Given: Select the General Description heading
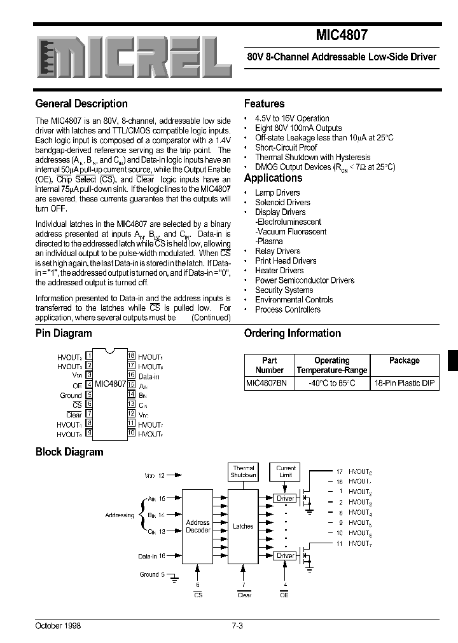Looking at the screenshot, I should click(x=81, y=104).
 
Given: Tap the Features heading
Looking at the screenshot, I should click(x=264, y=104).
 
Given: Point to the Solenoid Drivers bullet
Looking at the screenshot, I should click(x=282, y=202).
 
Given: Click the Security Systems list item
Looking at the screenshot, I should click(x=284, y=290).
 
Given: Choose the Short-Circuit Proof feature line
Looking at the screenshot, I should click(x=286, y=147).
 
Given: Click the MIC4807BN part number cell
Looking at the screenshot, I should click(x=270, y=384).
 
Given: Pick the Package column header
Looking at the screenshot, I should click(x=404, y=361).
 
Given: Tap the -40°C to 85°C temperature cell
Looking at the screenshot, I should click(x=331, y=384).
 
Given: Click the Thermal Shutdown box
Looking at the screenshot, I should click(x=243, y=471).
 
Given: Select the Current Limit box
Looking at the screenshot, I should click(x=286, y=471).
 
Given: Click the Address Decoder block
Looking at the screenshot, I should click(x=198, y=526).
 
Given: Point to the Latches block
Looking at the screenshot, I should click(x=243, y=526).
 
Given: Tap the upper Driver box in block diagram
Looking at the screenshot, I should click(x=286, y=499).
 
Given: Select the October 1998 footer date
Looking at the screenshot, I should click(x=58, y=625).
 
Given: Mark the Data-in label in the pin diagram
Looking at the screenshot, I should click(x=148, y=376).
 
